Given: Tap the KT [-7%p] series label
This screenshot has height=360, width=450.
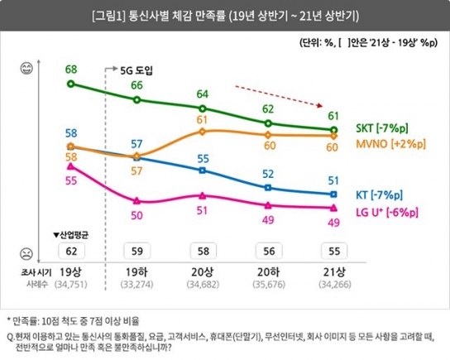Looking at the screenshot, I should click(x=380, y=194).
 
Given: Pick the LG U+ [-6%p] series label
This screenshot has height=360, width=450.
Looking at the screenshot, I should click(x=387, y=214).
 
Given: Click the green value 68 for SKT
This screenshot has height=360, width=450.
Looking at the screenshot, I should click(x=71, y=68).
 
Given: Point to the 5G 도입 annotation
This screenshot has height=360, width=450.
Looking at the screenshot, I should click(x=135, y=70).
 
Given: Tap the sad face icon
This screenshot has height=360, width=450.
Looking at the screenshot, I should click(x=26, y=252).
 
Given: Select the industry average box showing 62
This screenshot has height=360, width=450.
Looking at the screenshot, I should click(x=72, y=251).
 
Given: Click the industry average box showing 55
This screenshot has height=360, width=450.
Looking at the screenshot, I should click(x=333, y=251).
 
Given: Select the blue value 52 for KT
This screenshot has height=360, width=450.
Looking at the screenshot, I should click(x=267, y=175).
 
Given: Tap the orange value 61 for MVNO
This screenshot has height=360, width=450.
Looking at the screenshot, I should click(x=202, y=121).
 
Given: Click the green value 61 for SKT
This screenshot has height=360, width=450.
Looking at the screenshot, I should click(x=333, y=115).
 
